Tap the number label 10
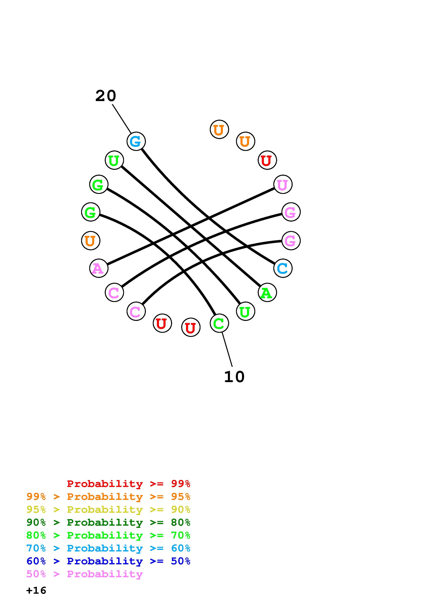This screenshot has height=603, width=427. click(x=234, y=377)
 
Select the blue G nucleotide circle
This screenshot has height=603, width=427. click(x=136, y=141)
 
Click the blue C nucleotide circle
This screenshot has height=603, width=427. click(x=283, y=268)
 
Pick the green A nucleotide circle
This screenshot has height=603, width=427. click(x=267, y=293)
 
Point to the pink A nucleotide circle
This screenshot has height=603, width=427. click(x=99, y=268)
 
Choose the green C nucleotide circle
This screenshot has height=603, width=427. click(x=219, y=323)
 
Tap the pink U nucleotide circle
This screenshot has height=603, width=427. click(x=283, y=184)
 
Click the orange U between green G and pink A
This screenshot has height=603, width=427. click(x=90, y=241)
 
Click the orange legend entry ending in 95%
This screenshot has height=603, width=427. click(x=108, y=497)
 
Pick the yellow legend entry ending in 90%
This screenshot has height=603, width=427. click(x=108, y=509)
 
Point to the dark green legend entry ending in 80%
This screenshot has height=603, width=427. click(x=108, y=522)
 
